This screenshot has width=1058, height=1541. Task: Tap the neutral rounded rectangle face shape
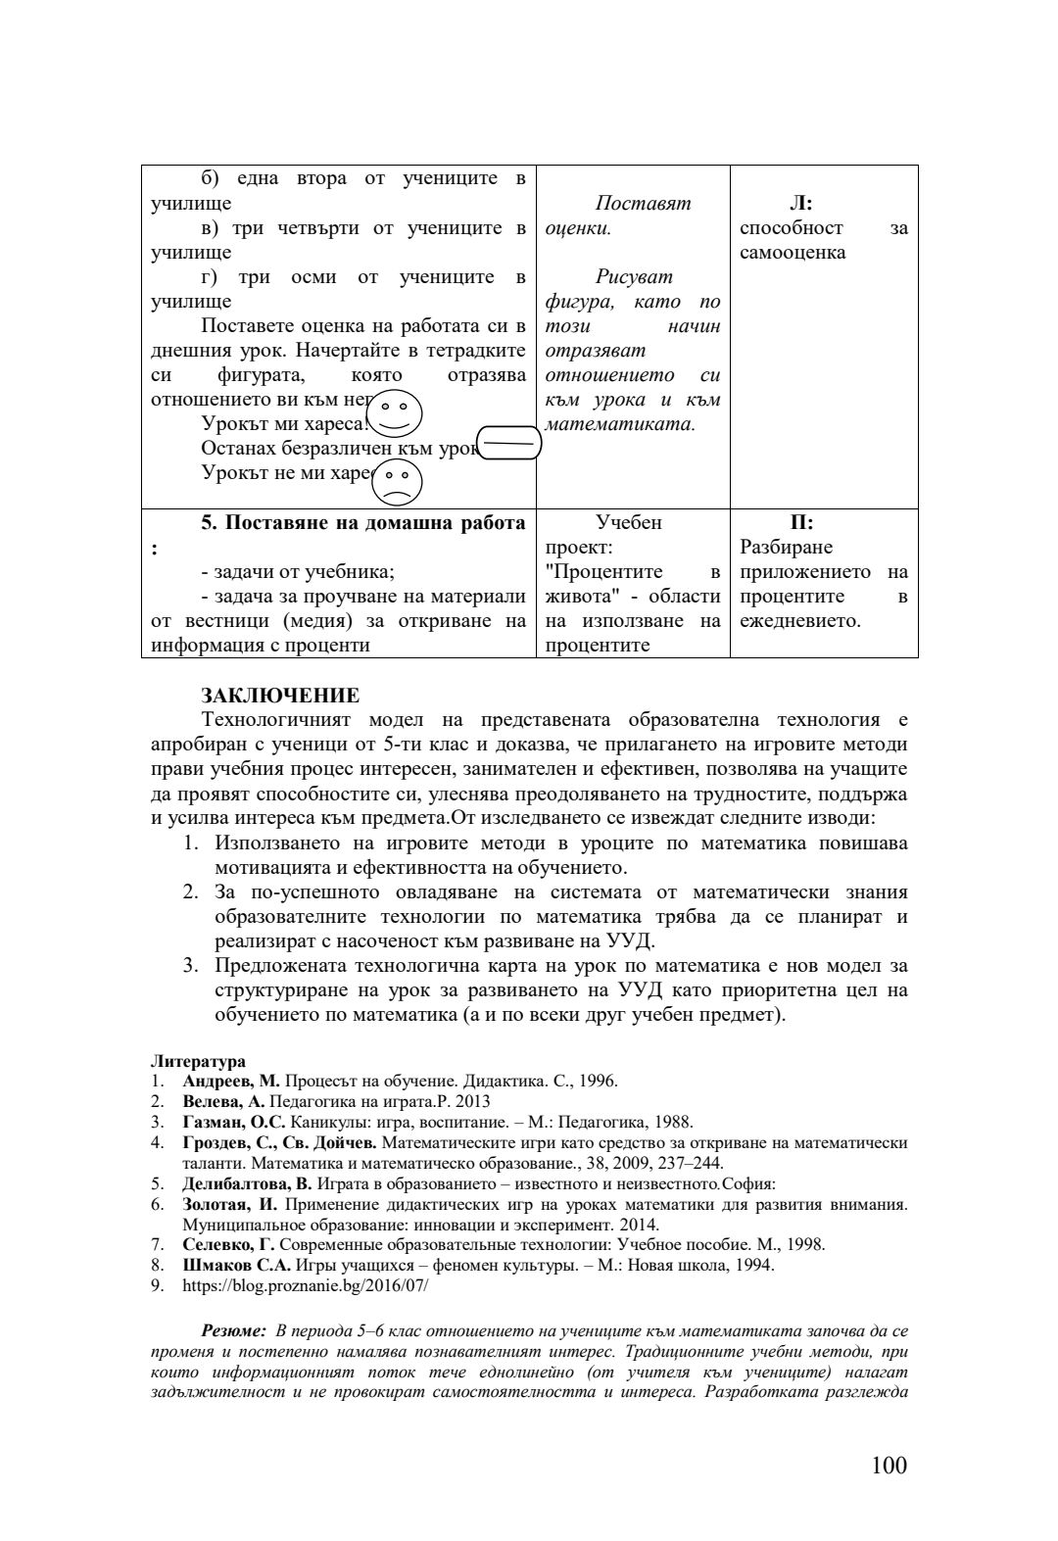(x=507, y=444)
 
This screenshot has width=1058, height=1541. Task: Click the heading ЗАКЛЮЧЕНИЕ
(x=280, y=696)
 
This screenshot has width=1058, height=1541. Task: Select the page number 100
(x=889, y=1466)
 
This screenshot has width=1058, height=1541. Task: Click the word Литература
(x=198, y=1061)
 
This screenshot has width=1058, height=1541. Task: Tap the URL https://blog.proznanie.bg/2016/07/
(x=305, y=1285)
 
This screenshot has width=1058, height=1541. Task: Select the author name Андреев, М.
(x=231, y=1082)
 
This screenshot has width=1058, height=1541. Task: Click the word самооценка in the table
(x=793, y=253)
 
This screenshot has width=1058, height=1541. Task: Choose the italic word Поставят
(x=643, y=204)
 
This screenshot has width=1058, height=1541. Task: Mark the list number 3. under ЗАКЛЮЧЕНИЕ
(x=191, y=966)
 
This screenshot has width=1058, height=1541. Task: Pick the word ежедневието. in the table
(x=800, y=621)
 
